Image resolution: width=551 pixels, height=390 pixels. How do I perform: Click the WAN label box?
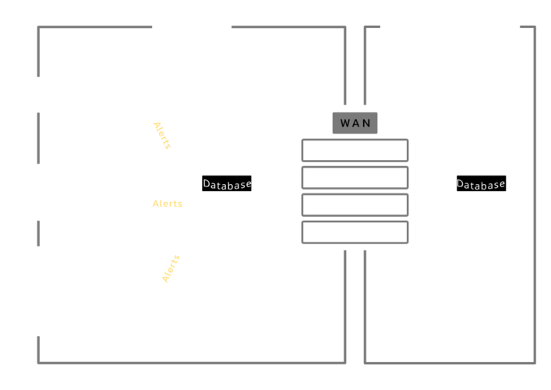coord(355,123)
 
